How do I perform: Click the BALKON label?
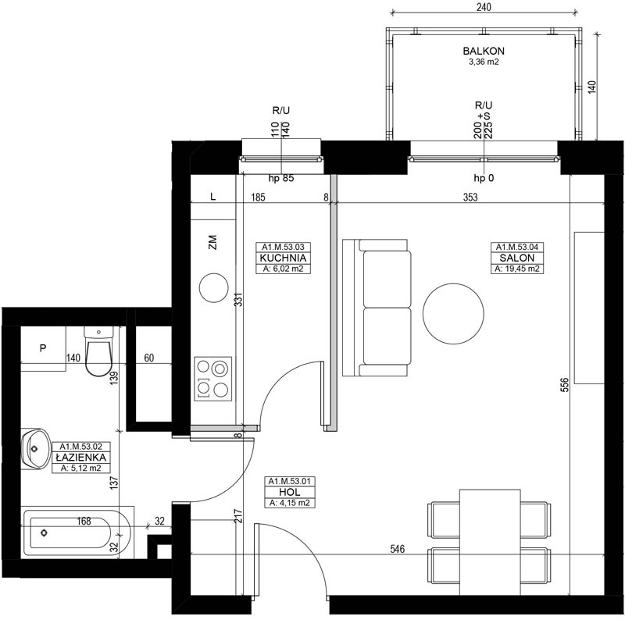[x=484, y=51]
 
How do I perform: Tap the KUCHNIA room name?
[x=283, y=258]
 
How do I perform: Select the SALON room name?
[x=517, y=258]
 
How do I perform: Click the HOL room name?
[x=290, y=492]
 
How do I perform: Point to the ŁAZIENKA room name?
[x=81, y=458]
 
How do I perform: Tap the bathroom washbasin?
[x=35, y=449]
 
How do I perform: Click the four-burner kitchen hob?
[x=212, y=379]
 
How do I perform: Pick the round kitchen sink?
[x=213, y=287]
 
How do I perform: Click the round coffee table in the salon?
[x=453, y=313]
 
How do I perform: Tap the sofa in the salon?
[x=377, y=308]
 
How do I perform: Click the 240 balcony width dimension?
[x=484, y=7]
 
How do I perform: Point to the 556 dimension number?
[x=565, y=385]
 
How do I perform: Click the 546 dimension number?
[x=398, y=549]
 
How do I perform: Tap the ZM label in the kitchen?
[x=212, y=242]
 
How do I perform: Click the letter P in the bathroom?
[x=43, y=348]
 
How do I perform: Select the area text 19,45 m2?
[x=517, y=269]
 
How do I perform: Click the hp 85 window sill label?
[x=281, y=178]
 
